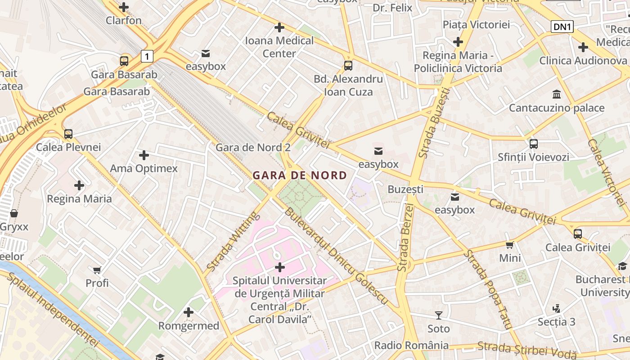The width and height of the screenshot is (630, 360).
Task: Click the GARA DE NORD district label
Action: coord(300,175)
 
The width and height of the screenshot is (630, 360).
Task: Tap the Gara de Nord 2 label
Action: coord(253,148)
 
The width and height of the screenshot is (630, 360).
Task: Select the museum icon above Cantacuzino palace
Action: coord(557,94)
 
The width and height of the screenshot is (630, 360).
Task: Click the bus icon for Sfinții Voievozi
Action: coord(533,144)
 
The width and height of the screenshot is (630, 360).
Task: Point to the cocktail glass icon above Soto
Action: coord(438,315)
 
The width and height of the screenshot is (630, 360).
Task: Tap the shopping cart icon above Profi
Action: coord(97,270)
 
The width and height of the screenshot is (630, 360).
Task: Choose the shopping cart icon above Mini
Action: coord(509,245)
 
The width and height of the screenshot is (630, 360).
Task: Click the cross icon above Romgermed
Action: coord(189,312)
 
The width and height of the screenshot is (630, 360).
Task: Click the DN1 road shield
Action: coord(562,27)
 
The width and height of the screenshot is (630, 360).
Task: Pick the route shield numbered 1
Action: coord(147,56)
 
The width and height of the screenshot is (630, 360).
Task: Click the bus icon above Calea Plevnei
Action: coord(68,134)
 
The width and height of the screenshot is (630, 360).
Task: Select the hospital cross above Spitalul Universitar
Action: coord(279,267)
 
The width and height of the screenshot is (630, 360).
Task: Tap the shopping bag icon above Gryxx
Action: coord(14,213)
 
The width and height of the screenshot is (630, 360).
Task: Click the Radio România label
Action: coord(411,346)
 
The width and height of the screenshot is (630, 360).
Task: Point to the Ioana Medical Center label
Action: coord(279,47)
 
